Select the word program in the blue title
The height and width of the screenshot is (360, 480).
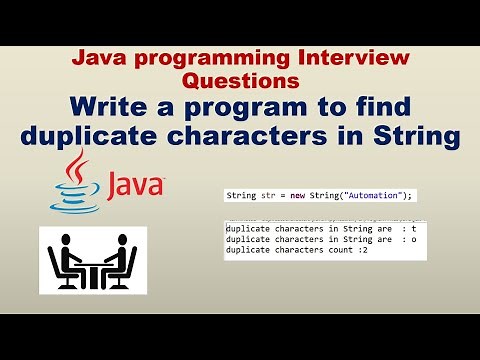coord(252,106)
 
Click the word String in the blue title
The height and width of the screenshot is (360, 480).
coord(416,136)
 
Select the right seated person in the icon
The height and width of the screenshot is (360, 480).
coord(122,257)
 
